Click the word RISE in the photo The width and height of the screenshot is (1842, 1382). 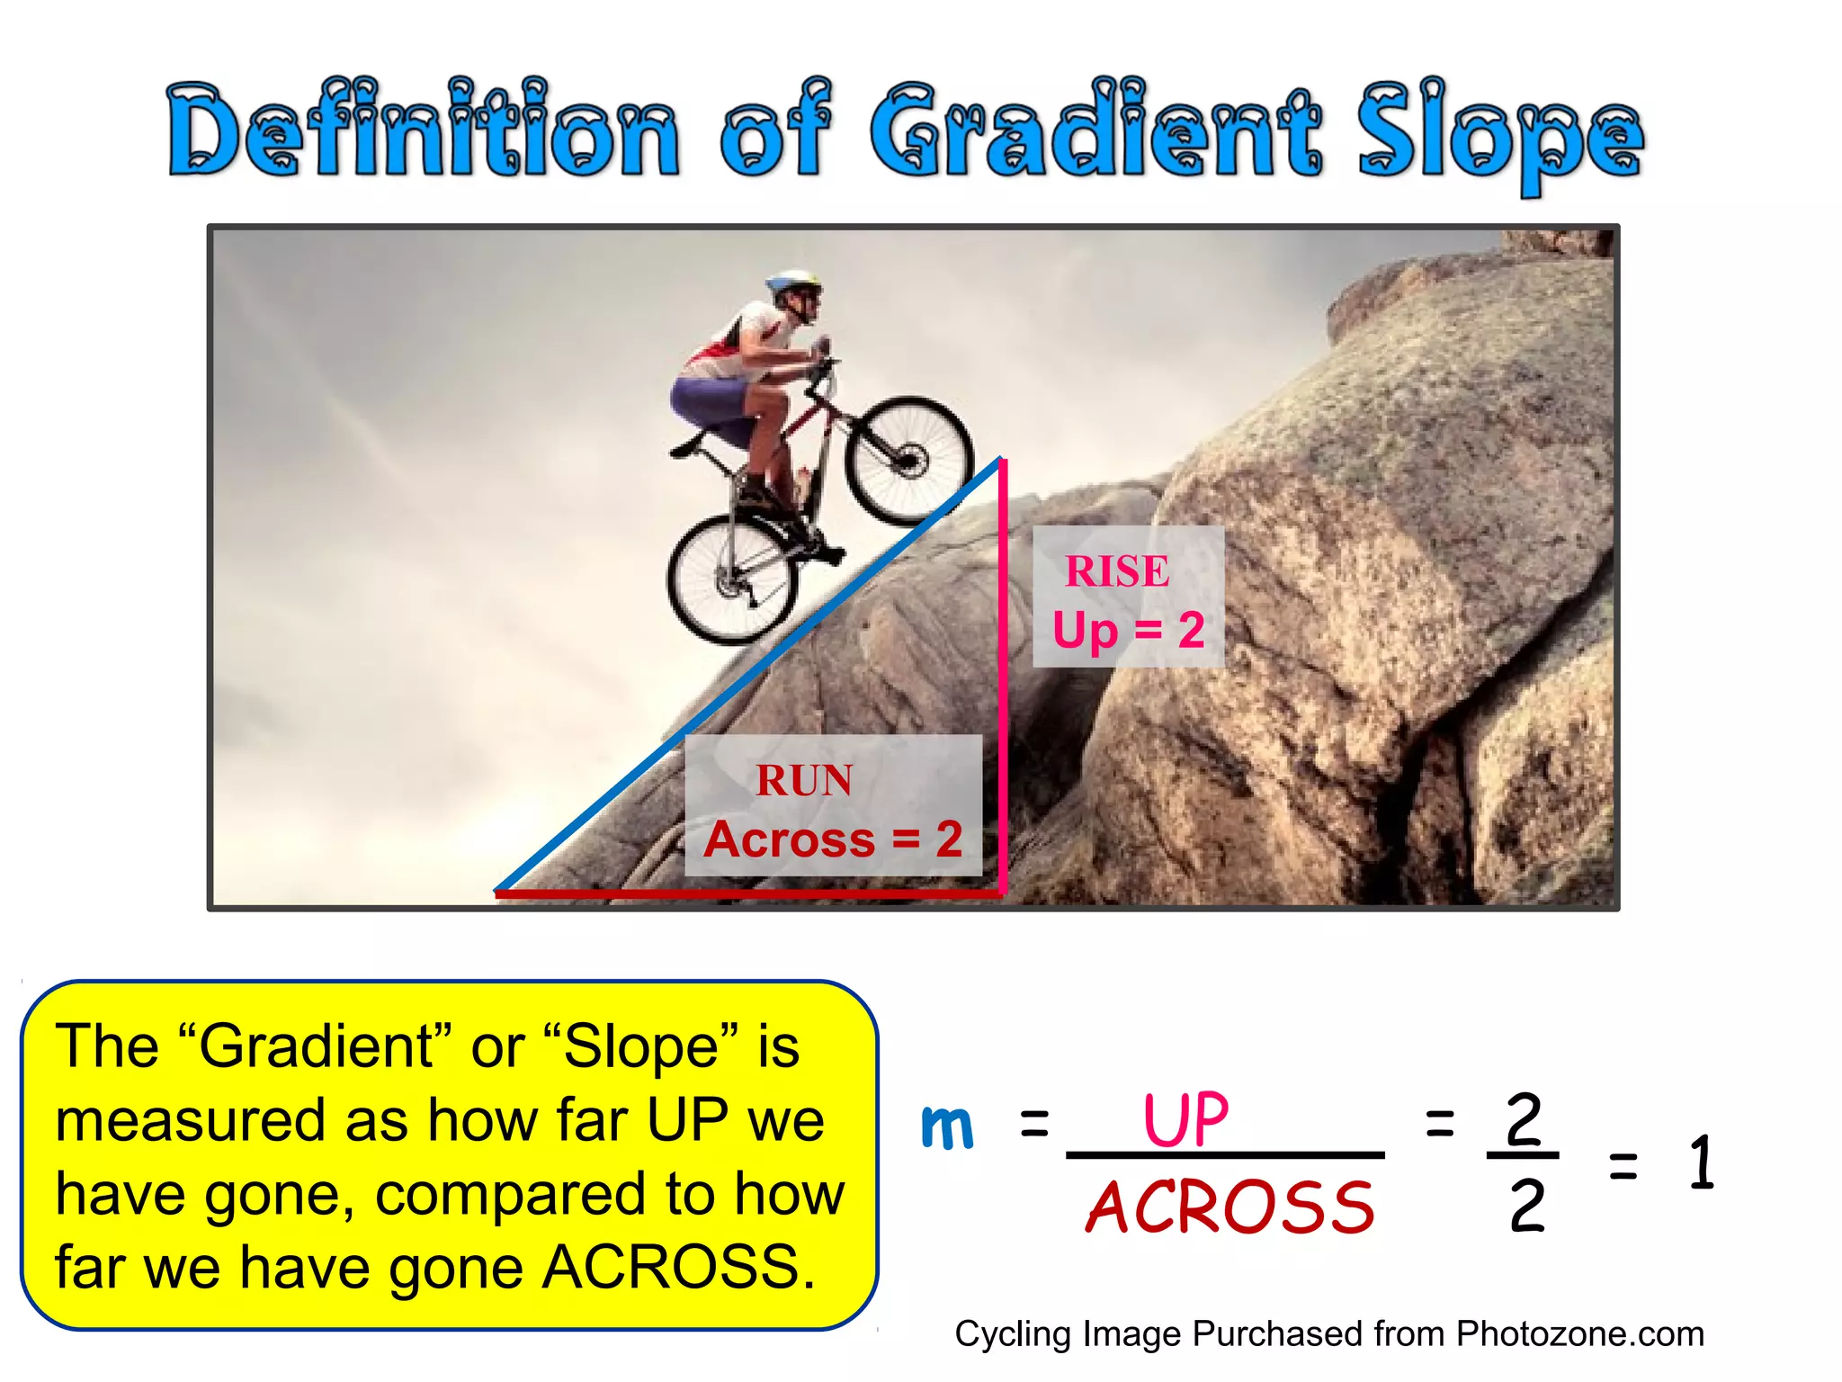(x=1117, y=571)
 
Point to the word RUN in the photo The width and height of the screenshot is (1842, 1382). (x=804, y=780)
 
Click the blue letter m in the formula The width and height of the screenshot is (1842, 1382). (x=947, y=1126)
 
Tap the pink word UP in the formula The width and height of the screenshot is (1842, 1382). (x=1185, y=1119)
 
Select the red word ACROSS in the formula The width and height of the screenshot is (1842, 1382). (x=1230, y=1207)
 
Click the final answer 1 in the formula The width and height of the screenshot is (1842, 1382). (x=1701, y=1162)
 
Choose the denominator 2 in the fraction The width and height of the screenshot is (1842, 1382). (x=1526, y=1207)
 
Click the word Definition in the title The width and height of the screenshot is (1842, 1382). (x=423, y=130)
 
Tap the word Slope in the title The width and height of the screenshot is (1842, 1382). (x=1499, y=135)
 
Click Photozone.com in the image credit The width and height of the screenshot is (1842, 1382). (x=1579, y=1333)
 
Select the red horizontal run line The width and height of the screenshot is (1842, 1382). (x=747, y=893)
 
